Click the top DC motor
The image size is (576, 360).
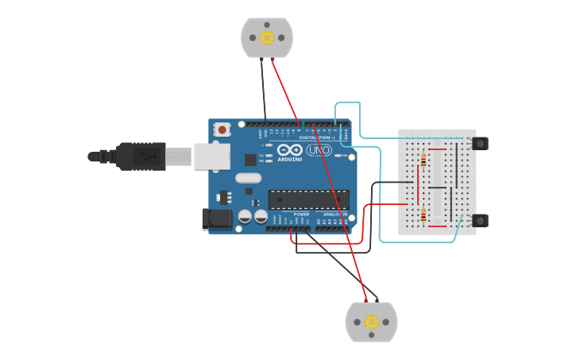267,37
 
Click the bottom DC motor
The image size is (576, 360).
371,322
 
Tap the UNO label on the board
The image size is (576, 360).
319,150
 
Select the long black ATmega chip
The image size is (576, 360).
308,199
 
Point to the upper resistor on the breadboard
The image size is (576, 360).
423,161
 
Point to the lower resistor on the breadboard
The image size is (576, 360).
423,215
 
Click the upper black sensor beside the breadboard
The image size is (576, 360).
480,144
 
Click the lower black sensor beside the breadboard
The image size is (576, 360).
480,220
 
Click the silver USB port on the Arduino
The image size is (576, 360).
212,157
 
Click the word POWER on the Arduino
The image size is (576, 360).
301,215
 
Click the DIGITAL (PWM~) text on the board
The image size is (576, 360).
316,137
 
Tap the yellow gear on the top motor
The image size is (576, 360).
267,37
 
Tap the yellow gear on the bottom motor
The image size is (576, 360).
371,322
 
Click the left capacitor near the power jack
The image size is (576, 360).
245,215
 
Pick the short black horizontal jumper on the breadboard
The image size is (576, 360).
438,188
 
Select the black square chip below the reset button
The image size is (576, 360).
250,160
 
